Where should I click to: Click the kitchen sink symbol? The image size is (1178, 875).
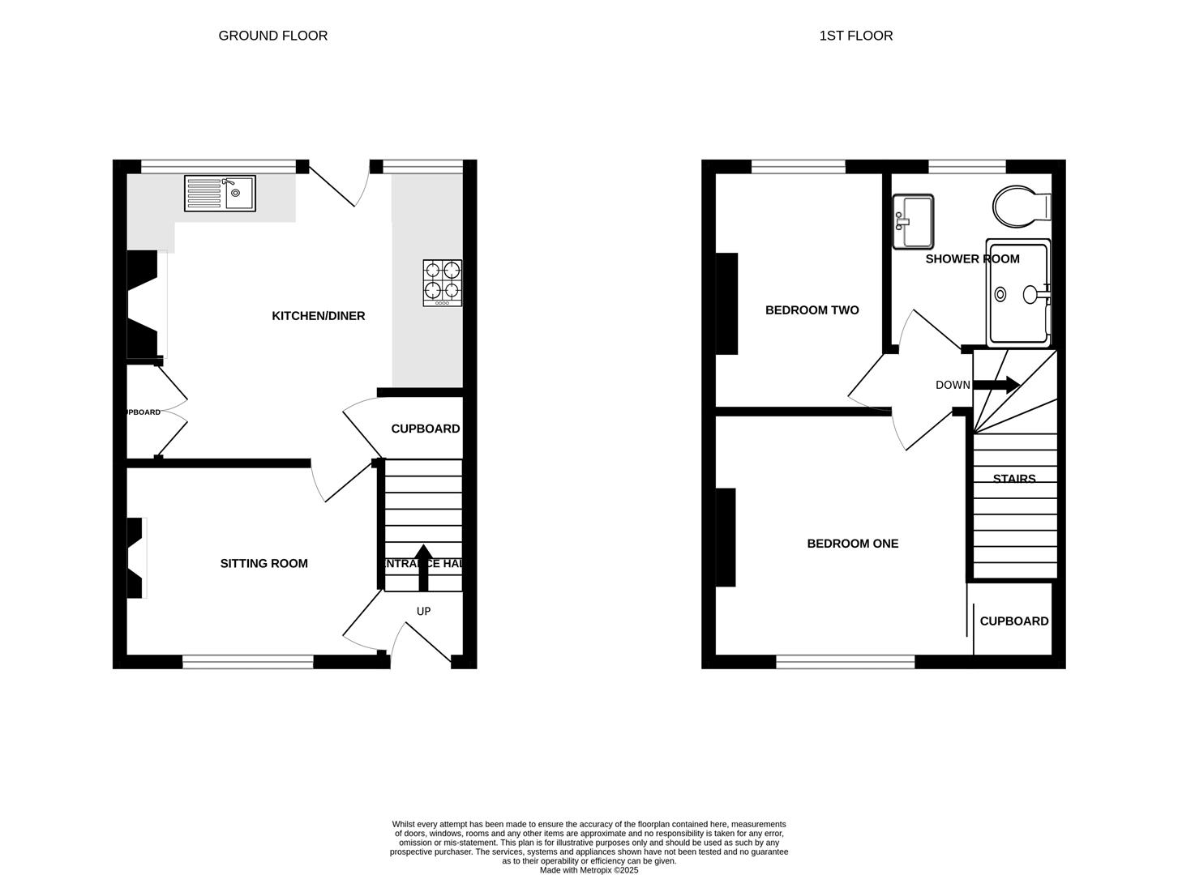point(220,194)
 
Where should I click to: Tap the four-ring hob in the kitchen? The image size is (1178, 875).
point(443,282)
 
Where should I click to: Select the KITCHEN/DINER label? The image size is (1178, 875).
point(318,316)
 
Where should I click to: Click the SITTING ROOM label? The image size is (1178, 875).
point(263,564)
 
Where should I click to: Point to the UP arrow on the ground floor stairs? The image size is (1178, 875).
point(423,567)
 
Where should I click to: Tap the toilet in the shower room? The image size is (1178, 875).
point(1019,207)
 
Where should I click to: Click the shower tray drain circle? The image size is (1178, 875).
point(1000,295)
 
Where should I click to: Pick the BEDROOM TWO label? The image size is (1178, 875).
point(812,310)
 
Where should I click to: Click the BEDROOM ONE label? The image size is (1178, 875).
point(852,544)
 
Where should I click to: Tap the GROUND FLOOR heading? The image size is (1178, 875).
point(272,36)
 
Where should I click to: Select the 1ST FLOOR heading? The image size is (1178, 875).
point(855,36)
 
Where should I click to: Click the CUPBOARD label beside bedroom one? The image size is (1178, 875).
point(1013,621)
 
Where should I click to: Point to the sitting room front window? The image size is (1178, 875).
point(247,662)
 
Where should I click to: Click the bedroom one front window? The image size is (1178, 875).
point(845,662)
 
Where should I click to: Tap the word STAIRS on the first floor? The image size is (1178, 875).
point(1014,479)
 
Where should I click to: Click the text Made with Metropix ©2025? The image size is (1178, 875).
point(589,870)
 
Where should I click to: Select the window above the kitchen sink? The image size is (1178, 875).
point(219,167)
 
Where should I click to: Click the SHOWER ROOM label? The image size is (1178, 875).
point(972,259)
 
